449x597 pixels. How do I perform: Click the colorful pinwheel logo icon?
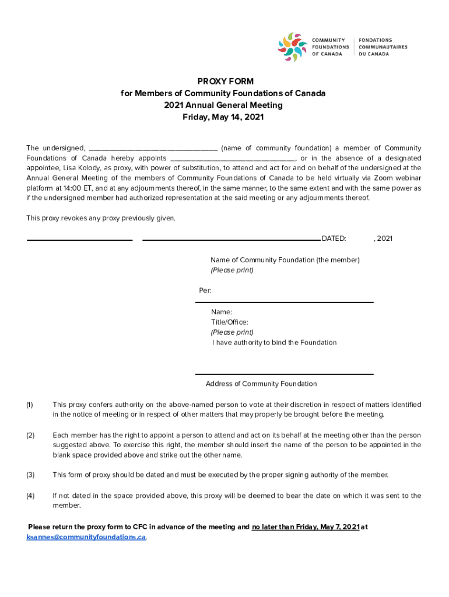click(x=292, y=47)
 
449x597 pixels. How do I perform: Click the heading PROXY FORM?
click(x=224, y=82)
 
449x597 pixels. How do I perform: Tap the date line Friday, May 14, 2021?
click(x=224, y=117)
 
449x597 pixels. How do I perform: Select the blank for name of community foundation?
click(x=153, y=148)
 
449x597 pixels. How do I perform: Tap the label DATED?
click(x=334, y=238)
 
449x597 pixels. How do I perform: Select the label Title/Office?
click(x=230, y=322)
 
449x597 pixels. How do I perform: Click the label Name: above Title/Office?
click(x=222, y=312)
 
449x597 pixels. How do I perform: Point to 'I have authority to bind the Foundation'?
click(x=274, y=342)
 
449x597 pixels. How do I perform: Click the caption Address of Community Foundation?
click(x=261, y=384)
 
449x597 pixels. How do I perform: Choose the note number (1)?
click(x=30, y=405)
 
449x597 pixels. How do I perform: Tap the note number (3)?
click(x=30, y=475)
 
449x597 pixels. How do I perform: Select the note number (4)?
click(x=30, y=496)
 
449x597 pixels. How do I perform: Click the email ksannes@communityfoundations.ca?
click(x=86, y=537)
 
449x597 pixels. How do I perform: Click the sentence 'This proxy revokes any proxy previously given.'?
click(x=100, y=218)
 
